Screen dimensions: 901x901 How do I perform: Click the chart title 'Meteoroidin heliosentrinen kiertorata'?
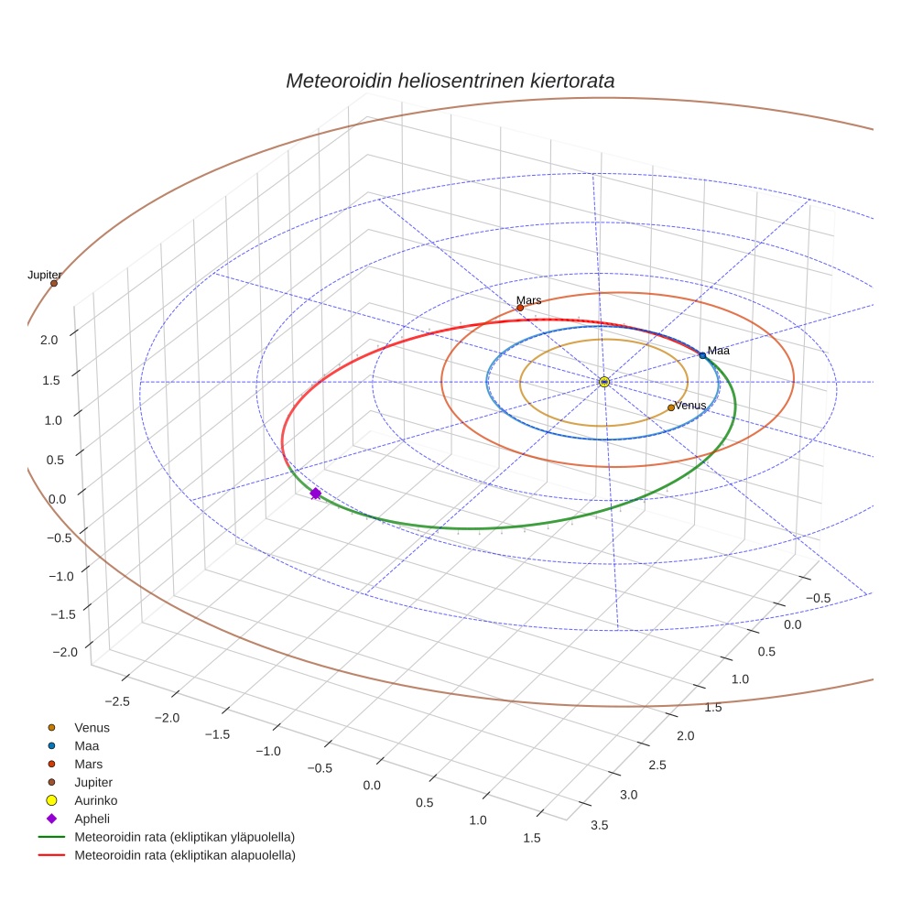[450, 81]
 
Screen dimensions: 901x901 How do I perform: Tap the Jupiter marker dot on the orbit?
[54, 283]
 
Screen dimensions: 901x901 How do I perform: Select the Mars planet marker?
[520, 308]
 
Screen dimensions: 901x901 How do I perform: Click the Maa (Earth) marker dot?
[702, 354]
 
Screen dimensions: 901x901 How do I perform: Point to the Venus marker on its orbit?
[671, 407]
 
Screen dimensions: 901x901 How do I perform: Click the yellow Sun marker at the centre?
[604, 382]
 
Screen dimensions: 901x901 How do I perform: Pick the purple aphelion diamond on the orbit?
[316, 494]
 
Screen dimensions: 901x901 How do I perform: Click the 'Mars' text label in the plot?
[528, 299]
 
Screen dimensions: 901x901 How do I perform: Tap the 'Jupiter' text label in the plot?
[44, 275]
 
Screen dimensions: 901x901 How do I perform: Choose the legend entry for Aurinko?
[95, 800]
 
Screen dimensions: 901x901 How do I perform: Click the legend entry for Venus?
[92, 727]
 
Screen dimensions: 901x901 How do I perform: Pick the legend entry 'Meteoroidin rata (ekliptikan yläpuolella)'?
[184, 837]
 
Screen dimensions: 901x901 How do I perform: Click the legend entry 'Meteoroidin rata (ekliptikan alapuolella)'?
[184, 855]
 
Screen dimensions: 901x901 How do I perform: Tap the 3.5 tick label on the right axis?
[600, 825]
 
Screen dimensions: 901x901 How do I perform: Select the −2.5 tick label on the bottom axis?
[119, 700]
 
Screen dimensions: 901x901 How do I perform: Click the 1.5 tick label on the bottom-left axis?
[530, 838]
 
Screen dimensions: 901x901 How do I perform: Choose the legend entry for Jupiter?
[95, 782]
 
